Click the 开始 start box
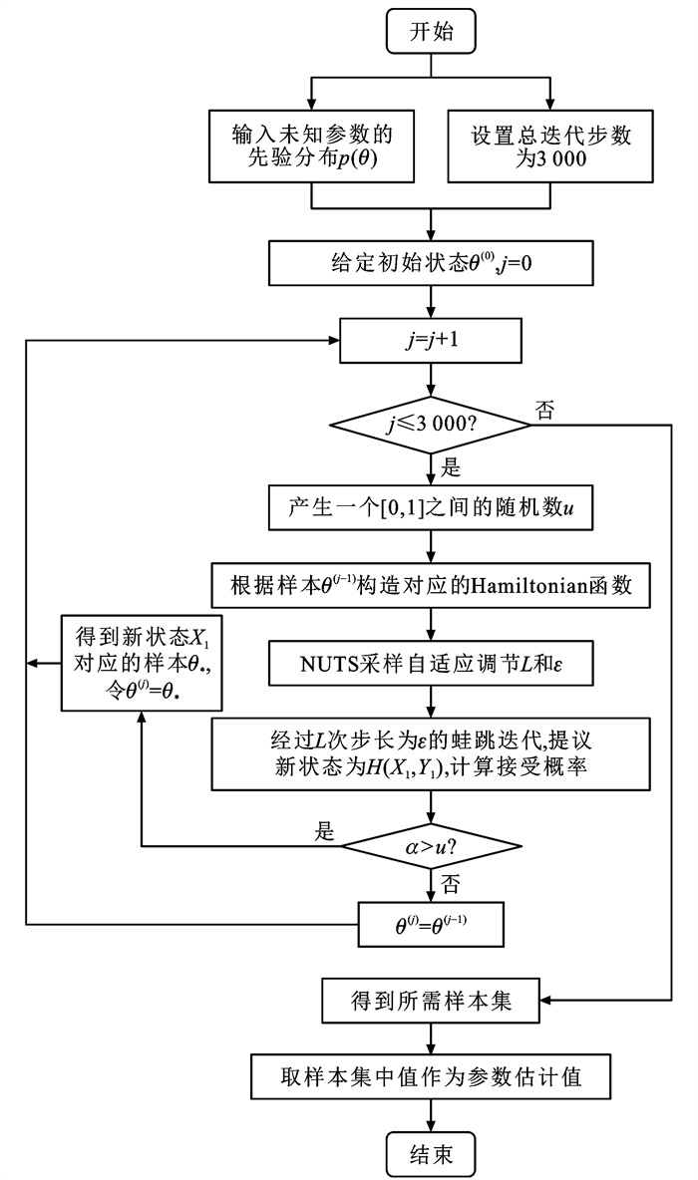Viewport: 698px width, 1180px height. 431,33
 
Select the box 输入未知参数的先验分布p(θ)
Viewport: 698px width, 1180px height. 311,147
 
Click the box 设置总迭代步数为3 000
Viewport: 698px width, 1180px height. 550,147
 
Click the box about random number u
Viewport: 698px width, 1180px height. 431,507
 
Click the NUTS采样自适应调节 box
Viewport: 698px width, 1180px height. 431,660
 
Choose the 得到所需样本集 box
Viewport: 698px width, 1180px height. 431,1000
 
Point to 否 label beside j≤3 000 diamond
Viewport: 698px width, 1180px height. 544,411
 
